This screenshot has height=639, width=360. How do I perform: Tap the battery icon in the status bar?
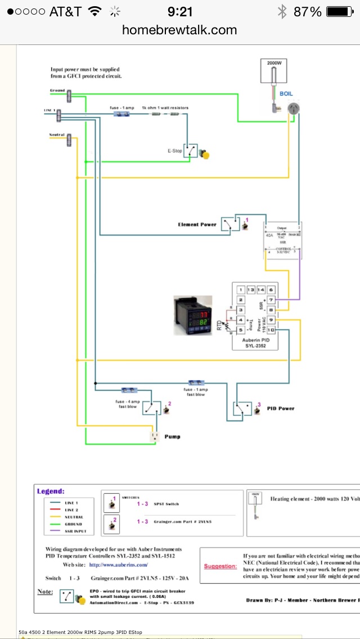click(x=340, y=11)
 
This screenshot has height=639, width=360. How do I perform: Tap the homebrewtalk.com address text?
click(x=179, y=30)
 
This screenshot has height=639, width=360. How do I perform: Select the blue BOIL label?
click(x=286, y=93)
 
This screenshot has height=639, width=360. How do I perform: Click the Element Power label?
click(x=197, y=224)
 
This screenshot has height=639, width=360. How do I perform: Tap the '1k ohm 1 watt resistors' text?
click(x=165, y=107)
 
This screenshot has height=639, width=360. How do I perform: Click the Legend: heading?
click(x=51, y=491)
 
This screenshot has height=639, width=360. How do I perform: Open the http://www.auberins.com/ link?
click(x=118, y=564)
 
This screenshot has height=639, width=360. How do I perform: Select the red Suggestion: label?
click(x=219, y=566)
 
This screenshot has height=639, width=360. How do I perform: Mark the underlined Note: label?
click(x=45, y=592)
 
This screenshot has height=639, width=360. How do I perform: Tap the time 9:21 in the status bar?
click(x=180, y=11)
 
